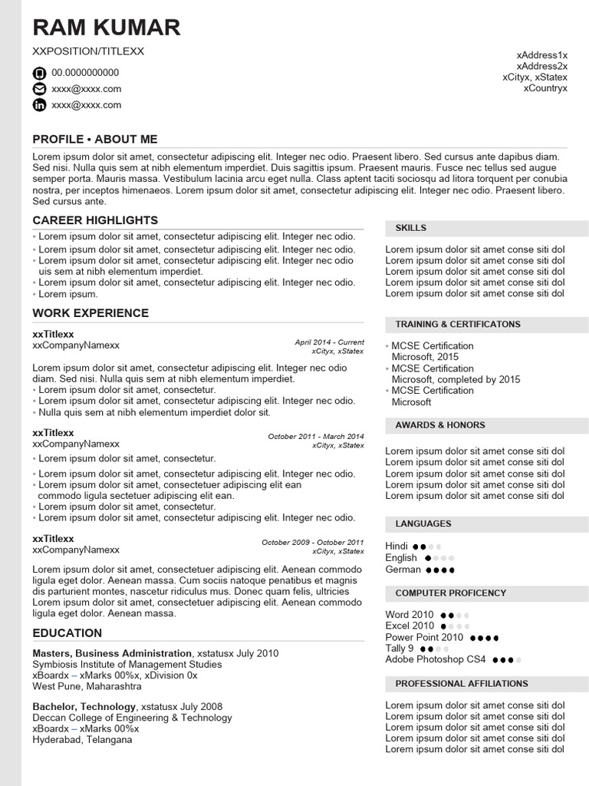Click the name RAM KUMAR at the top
(x=107, y=28)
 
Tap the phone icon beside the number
(x=39, y=73)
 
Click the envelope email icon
(x=39, y=89)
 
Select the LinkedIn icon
(x=39, y=105)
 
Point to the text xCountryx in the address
(x=545, y=88)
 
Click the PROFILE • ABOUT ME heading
(x=95, y=139)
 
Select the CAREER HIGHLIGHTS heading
(x=95, y=220)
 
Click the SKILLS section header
(x=411, y=228)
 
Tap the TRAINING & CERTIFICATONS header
(x=458, y=325)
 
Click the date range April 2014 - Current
(x=329, y=342)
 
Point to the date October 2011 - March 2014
(x=316, y=436)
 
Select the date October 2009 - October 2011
(x=313, y=542)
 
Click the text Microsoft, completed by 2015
(x=456, y=379)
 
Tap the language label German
(x=403, y=570)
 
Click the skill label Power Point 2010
(x=424, y=637)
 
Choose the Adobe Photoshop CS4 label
(x=436, y=659)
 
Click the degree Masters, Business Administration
(x=112, y=653)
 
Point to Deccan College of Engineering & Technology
(x=132, y=718)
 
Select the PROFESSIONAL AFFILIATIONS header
(x=462, y=684)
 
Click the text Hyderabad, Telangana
(x=82, y=739)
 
